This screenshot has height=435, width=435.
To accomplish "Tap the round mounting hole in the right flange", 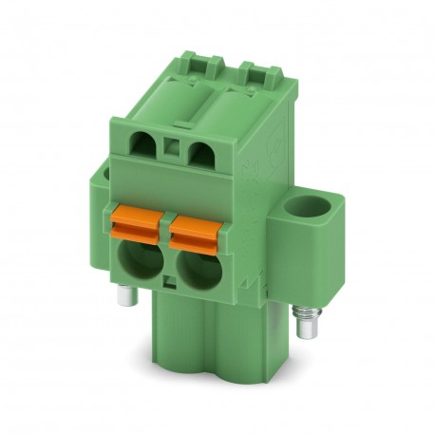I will point(306,206).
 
